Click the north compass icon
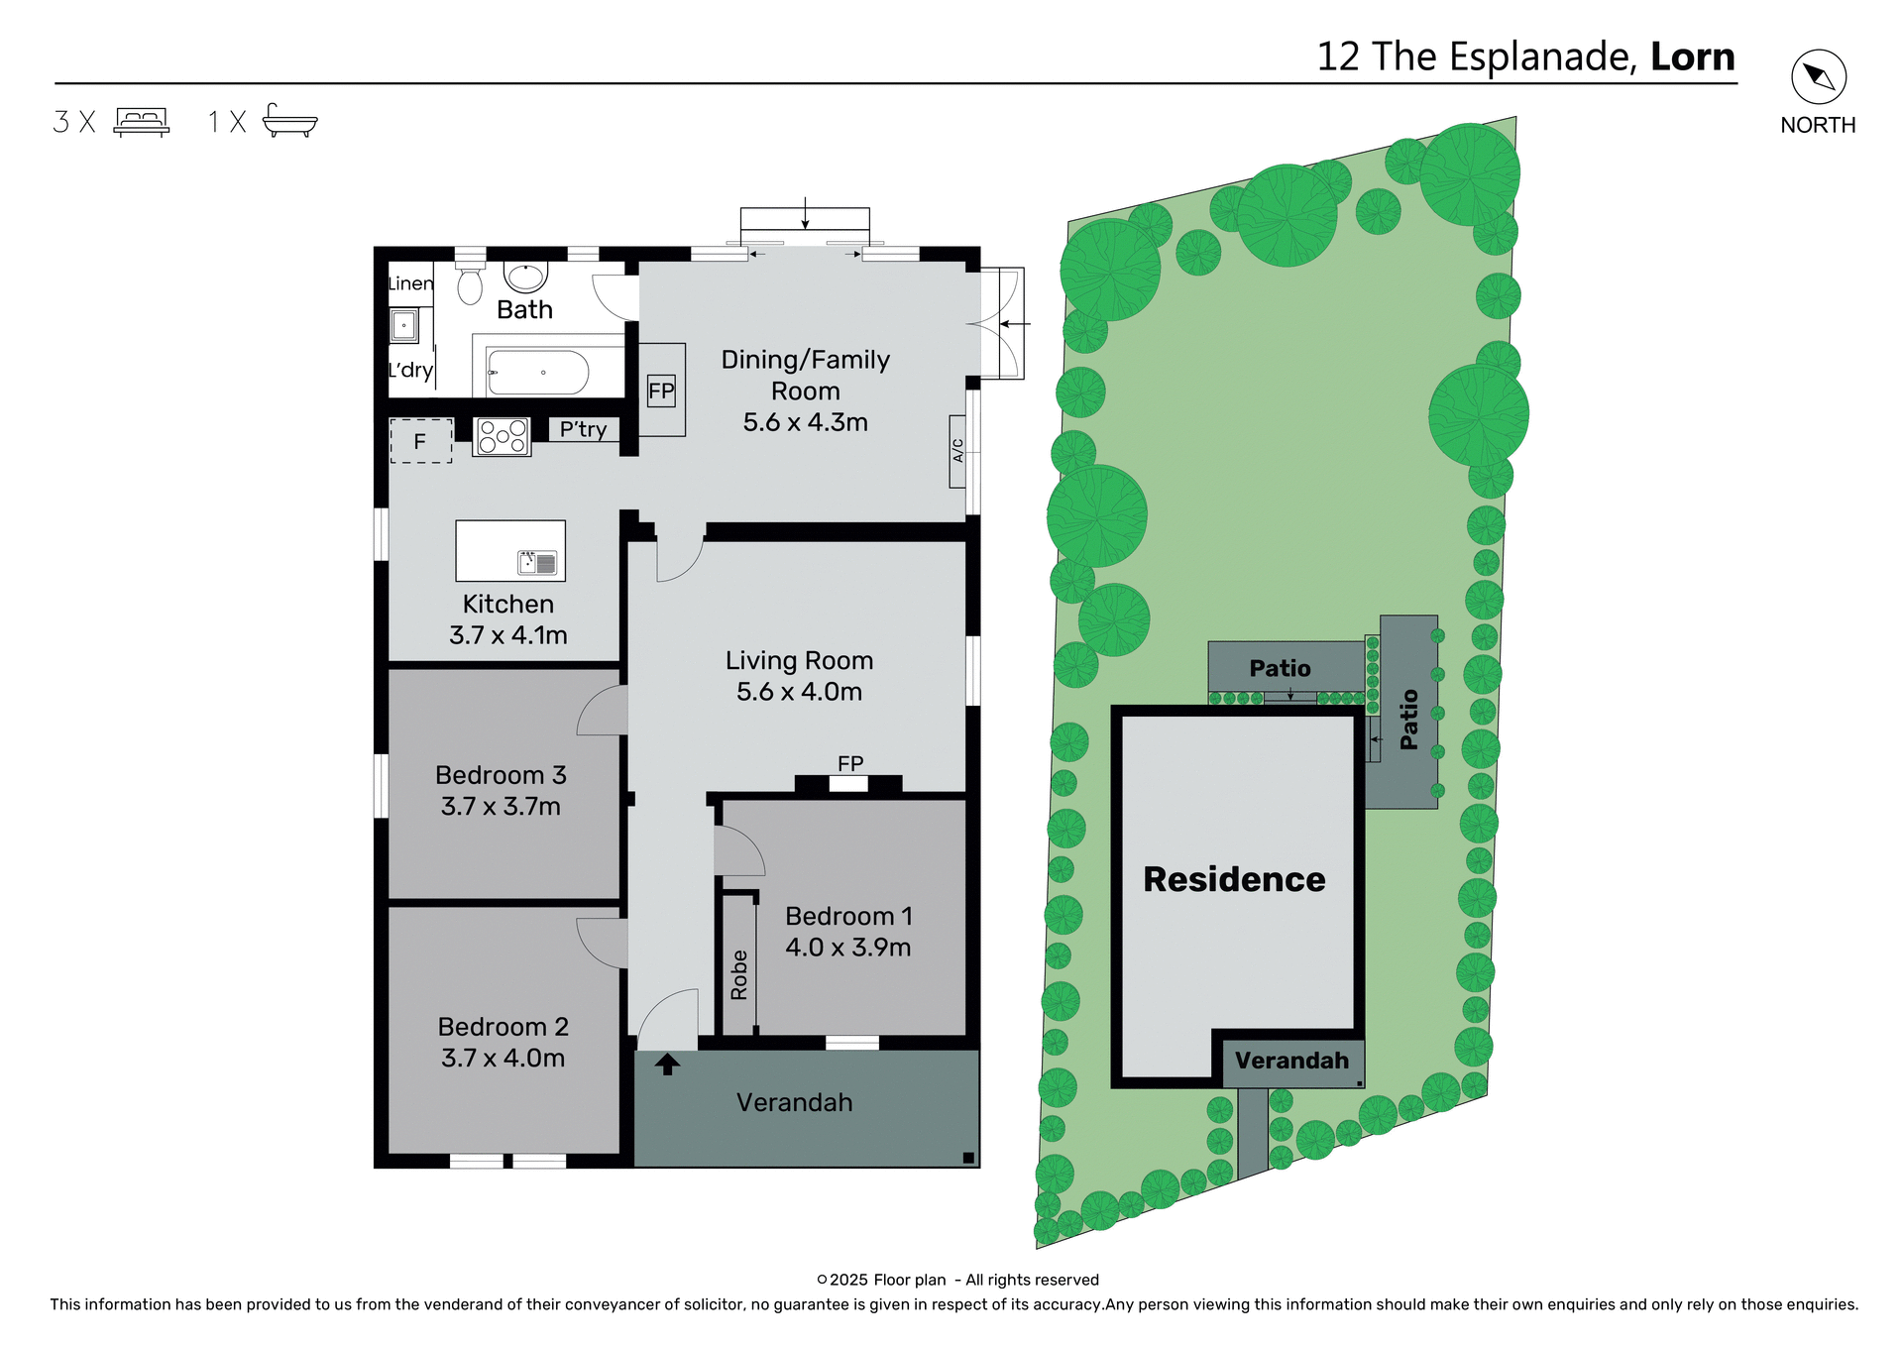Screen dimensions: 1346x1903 pos(1818,76)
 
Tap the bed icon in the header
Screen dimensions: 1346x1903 pos(142,121)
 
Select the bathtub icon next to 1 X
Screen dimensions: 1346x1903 pos(289,121)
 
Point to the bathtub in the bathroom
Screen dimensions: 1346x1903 pos(538,373)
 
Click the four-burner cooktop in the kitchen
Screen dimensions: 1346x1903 pos(503,436)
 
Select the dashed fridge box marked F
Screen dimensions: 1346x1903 pos(421,441)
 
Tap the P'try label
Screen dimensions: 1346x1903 pos(583,429)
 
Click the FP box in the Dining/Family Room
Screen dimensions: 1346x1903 pos(661,391)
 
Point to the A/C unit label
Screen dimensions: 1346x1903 pos(957,451)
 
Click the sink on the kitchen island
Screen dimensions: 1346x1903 pos(538,563)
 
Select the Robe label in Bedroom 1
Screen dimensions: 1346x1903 pos(739,974)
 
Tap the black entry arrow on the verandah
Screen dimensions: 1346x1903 pos(667,1064)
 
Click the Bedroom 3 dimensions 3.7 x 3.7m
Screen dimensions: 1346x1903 pos(501,806)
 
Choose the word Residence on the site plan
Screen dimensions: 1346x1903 pos(1234,879)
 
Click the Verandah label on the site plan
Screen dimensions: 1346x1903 pos(1291,1061)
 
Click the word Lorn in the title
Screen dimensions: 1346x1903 pos(1692,56)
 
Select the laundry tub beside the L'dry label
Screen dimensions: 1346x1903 pos(403,325)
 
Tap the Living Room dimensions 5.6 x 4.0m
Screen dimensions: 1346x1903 pos(799,691)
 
